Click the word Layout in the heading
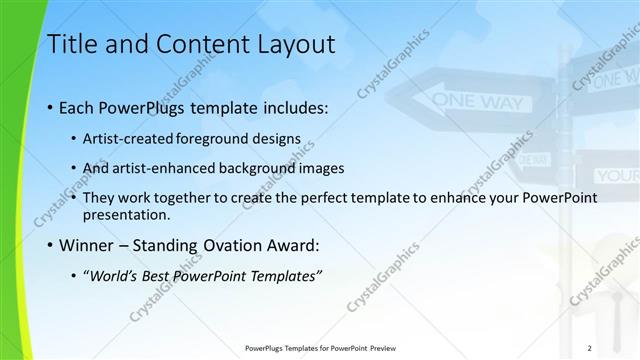pyautogui.click(x=296, y=45)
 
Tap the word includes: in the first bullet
pyautogui.click(x=290, y=107)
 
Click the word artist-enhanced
pyautogui.click(x=166, y=168)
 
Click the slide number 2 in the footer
pyautogui.click(x=590, y=347)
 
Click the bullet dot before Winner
pyautogui.click(x=51, y=246)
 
